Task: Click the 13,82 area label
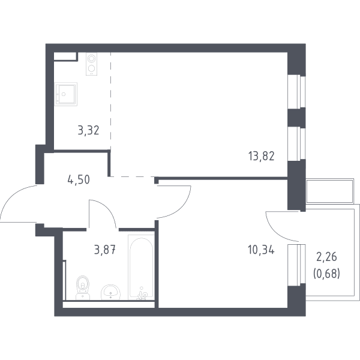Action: click(261, 157)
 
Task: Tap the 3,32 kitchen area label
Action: click(88, 130)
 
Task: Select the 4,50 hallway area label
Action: click(79, 179)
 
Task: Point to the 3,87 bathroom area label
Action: click(104, 250)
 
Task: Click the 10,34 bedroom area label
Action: click(261, 250)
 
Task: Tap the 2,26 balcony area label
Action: click(327, 257)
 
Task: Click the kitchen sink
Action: click(65, 94)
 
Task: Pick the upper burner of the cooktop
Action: click(91, 58)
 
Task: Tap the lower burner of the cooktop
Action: click(91, 68)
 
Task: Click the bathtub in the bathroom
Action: click(141, 267)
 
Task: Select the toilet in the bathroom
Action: click(83, 287)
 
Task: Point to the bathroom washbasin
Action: click(110, 292)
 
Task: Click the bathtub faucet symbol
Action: click(142, 294)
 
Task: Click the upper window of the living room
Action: click(296, 92)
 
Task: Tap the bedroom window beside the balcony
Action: click(296, 265)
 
